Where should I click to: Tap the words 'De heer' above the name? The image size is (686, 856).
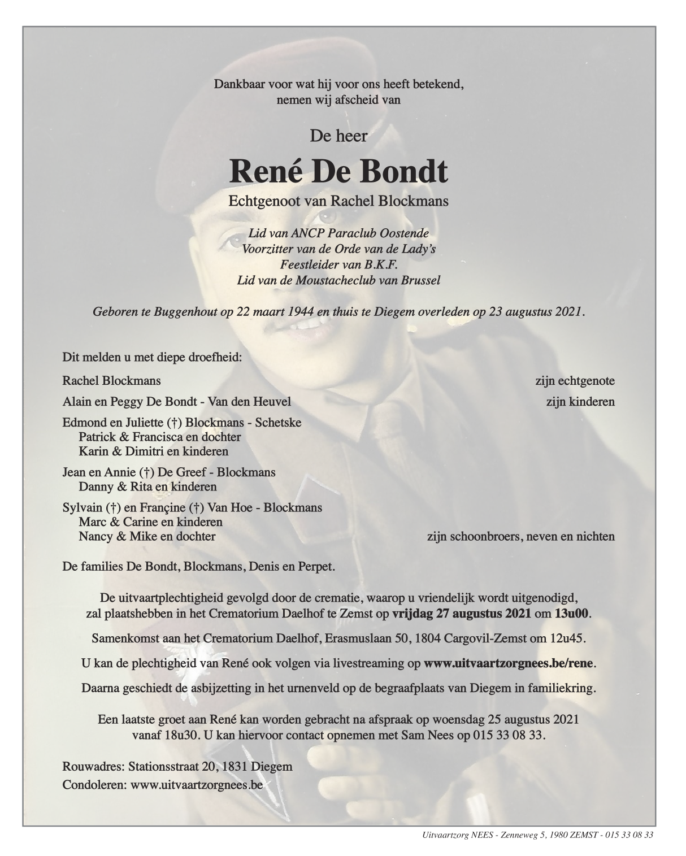[338, 136]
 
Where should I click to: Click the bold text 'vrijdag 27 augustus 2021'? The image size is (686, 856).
[461, 614]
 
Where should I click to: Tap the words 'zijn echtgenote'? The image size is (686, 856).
[575, 381]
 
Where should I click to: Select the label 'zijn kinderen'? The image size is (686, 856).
[580, 402]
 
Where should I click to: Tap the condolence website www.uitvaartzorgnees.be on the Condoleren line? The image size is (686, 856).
[197, 784]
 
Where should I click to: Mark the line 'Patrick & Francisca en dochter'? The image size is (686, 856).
[160, 437]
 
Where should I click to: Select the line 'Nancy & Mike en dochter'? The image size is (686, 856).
[147, 536]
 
